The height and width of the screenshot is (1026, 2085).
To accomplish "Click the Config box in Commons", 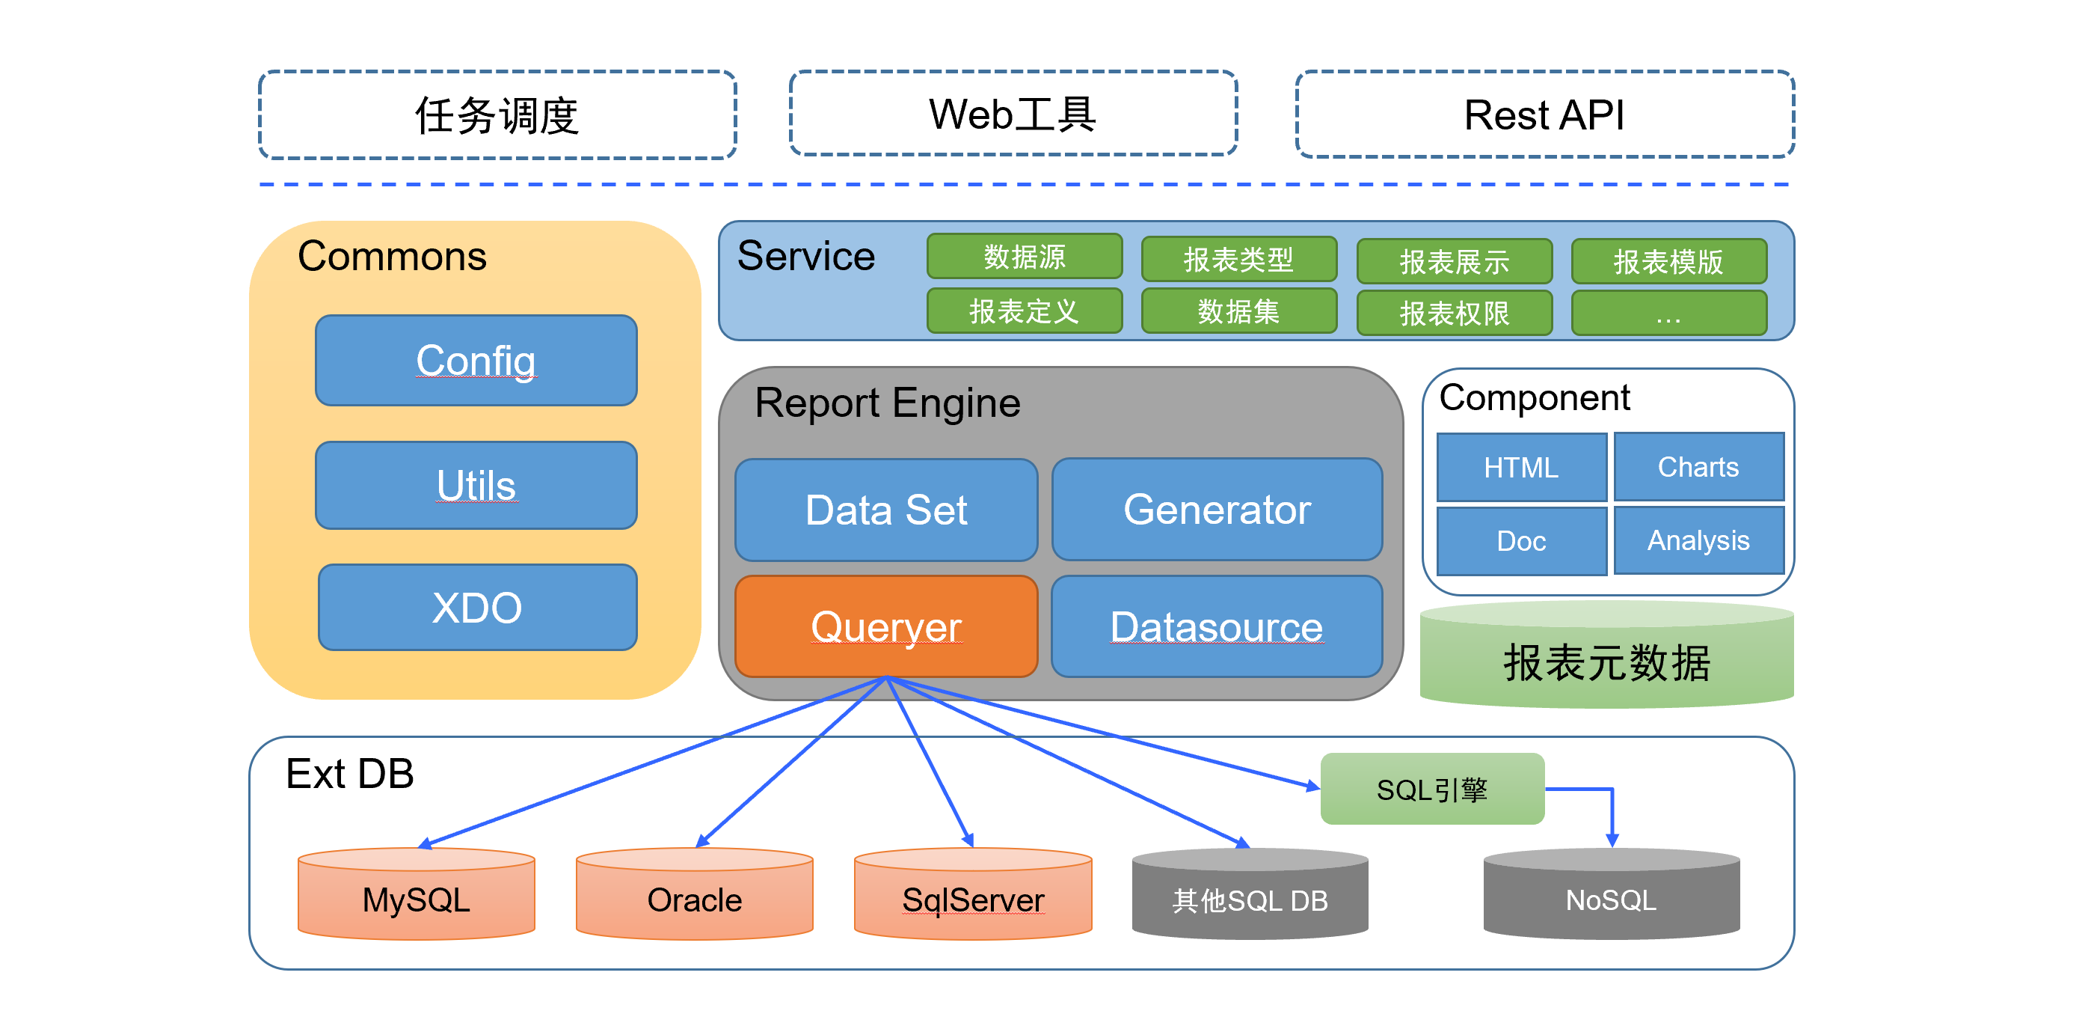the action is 476,361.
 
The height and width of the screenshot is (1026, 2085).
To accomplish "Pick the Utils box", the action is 476,485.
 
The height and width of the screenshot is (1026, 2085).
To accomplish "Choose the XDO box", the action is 478,608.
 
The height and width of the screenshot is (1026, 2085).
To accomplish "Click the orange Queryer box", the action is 886,626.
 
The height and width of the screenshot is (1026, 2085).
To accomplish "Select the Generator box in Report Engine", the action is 1217,510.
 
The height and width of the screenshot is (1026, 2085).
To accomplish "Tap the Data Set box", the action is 886,510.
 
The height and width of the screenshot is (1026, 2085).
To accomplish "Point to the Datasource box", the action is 1217,626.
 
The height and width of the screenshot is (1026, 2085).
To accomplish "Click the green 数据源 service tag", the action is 1024,256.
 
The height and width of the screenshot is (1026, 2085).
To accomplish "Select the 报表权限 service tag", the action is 1455,313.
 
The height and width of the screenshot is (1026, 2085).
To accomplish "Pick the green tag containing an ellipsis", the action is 1668,313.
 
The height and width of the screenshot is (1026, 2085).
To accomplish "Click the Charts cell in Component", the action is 1699,467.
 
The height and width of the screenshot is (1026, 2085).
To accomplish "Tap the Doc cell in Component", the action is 1522,541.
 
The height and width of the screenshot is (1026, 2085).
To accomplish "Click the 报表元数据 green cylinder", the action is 1606,654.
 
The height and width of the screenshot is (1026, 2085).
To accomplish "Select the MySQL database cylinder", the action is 416,894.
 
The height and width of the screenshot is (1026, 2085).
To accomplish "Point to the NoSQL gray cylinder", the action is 1611,894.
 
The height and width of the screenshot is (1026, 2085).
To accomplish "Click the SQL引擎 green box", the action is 1432,789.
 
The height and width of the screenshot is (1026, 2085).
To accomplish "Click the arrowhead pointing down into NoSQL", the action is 1612,840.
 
